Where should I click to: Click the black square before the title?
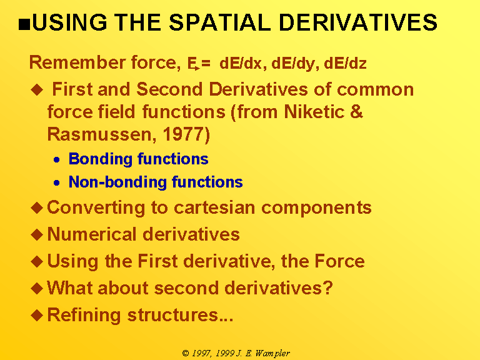click(24, 24)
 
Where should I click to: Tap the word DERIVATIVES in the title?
click(358, 22)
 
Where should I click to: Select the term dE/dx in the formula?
click(241, 64)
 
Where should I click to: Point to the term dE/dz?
click(345, 64)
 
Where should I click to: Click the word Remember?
click(77, 62)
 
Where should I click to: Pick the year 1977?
click(182, 134)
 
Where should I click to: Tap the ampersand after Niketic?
click(356, 111)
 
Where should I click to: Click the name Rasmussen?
click(99, 135)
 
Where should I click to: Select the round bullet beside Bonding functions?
click(57, 159)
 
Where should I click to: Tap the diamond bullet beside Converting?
click(37, 207)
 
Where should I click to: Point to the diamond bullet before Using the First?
click(37, 261)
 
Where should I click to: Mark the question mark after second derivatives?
click(328, 287)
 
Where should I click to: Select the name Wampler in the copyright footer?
click(272, 353)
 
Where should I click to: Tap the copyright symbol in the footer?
click(186, 353)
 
